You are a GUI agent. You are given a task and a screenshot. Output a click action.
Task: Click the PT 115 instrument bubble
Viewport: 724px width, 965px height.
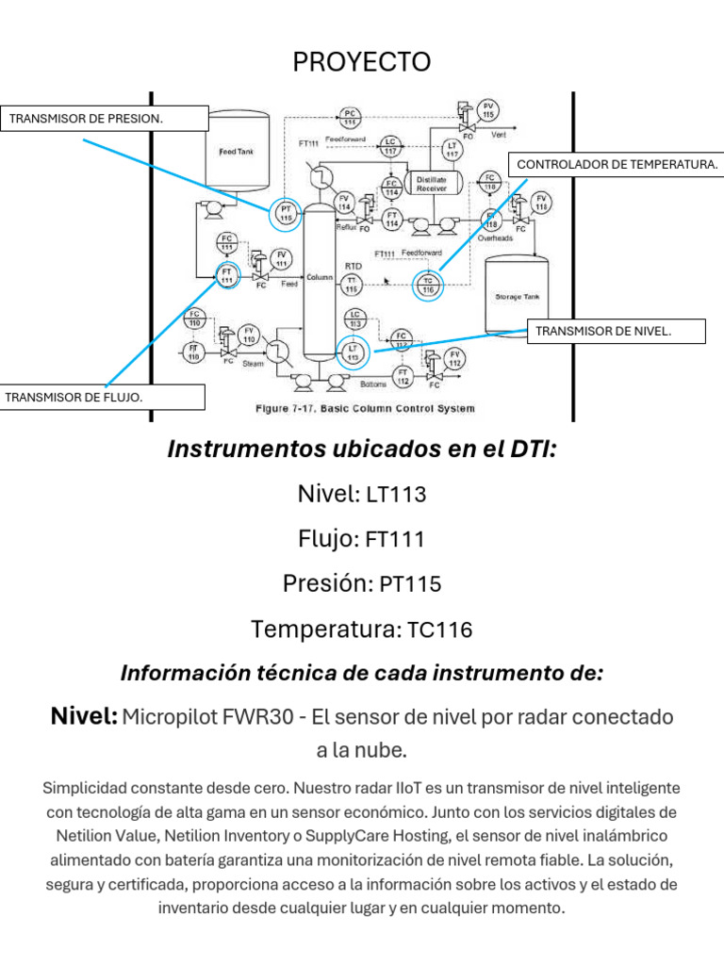coord(286,212)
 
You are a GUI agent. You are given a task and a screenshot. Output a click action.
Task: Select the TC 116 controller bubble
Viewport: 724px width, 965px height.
coord(427,285)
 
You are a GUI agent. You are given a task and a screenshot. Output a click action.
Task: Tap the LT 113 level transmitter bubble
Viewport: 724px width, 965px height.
coord(354,352)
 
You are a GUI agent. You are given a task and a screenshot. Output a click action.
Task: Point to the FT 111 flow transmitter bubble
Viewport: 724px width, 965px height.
coord(226,275)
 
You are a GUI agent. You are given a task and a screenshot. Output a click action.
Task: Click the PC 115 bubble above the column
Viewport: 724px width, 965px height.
coord(350,118)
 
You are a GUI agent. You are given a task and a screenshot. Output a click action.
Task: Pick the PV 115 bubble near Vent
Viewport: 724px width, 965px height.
coord(487,109)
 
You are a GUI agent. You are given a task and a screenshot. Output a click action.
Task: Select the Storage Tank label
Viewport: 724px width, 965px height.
coord(515,296)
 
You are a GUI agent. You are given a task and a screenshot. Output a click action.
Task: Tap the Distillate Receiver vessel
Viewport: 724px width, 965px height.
coord(432,183)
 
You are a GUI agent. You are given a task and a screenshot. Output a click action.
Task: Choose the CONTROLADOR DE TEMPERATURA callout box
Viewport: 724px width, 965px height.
coord(617,164)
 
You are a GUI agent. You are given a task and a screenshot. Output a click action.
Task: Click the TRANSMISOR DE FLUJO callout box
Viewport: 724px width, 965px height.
coord(103,397)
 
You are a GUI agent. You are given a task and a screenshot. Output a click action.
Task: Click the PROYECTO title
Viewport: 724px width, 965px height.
coord(362,62)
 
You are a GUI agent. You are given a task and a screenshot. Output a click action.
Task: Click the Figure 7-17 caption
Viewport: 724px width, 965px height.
coord(366,409)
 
